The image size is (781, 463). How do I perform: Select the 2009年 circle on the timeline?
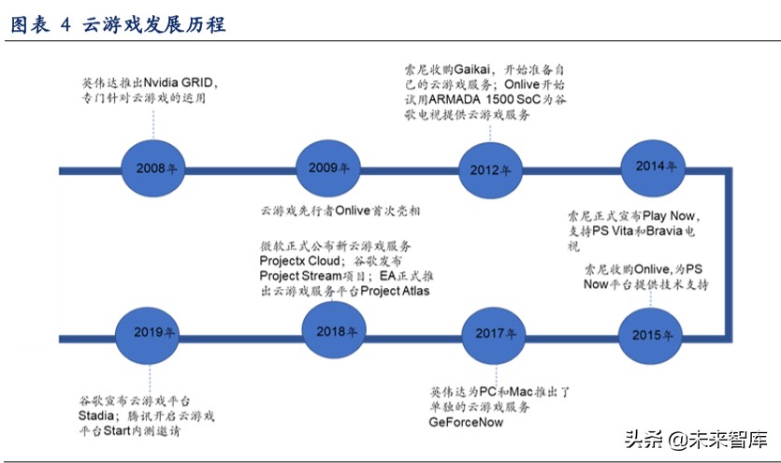point(328,168)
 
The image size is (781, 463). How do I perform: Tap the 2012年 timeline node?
point(490,169)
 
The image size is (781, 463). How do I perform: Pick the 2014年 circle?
point(655,166)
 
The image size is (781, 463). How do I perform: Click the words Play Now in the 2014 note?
point(691,215)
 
